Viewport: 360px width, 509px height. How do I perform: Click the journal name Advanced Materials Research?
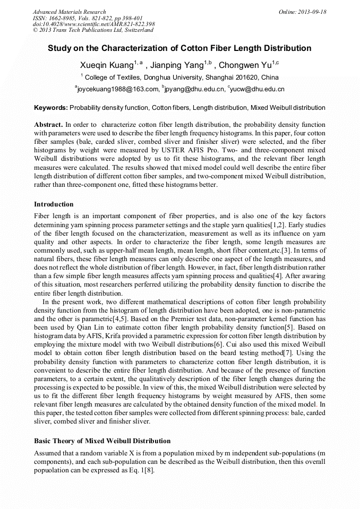point(69,12)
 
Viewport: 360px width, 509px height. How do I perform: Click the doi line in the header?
point(93,24)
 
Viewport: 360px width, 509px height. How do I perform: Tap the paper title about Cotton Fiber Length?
point(179,48)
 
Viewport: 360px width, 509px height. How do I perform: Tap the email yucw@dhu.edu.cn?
point(258,89)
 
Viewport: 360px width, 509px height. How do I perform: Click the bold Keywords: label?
point(51,108)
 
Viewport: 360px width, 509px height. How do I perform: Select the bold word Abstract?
point(48,124)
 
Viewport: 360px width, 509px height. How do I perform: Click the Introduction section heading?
point(54,204)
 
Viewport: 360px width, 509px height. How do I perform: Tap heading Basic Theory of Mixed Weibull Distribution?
point(102,441)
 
